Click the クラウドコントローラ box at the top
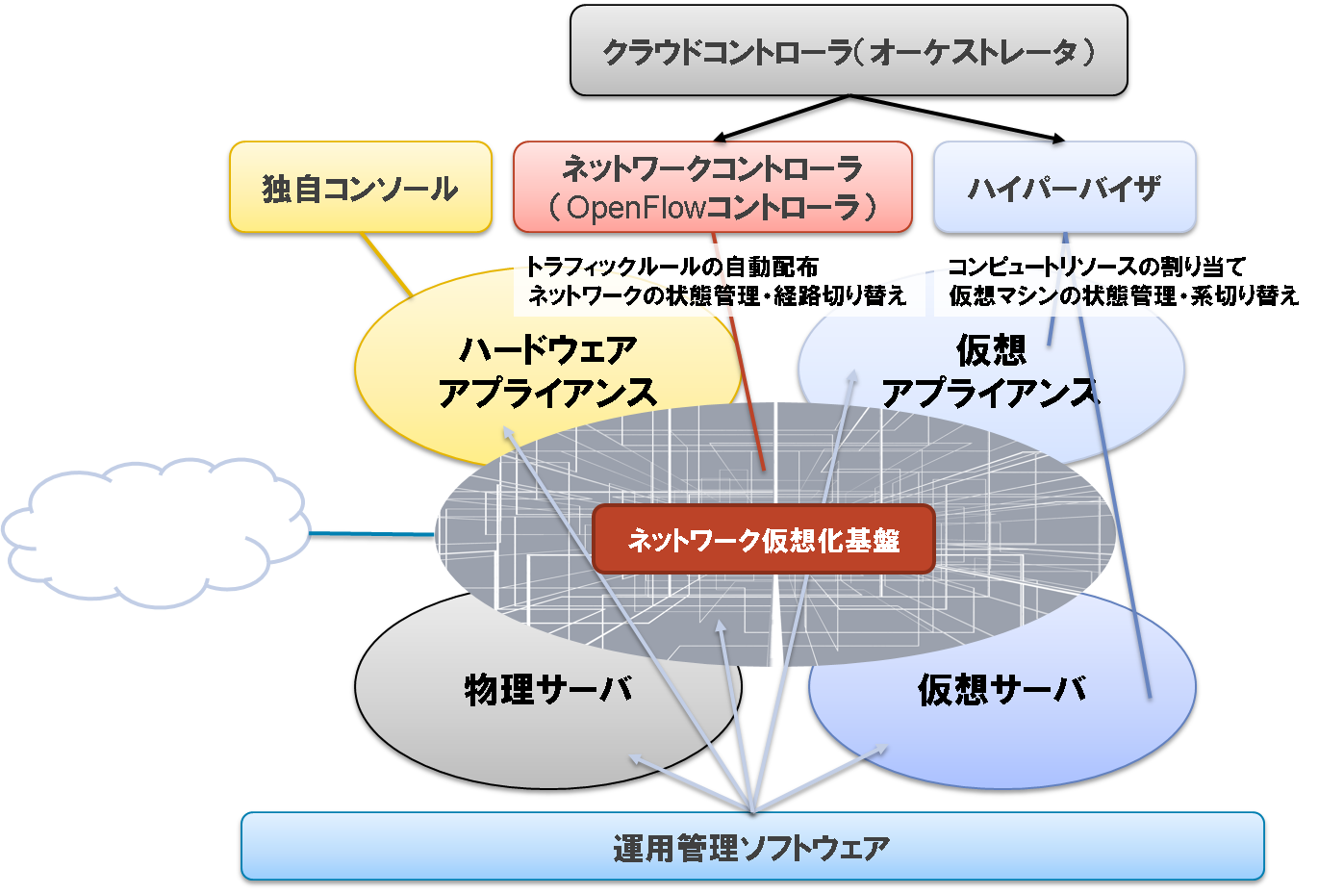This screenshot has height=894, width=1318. point(849,50)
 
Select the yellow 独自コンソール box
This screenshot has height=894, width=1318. point(360,187)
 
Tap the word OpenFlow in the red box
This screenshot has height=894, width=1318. point(636,208)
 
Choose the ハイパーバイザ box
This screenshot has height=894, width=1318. point(1064,187)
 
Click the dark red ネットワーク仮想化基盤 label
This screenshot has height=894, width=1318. point(764,539)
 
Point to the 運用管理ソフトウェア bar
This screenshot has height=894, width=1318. point(752,846)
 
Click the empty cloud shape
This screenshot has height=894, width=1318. point(156,532)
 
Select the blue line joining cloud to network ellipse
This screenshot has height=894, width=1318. point(372,534)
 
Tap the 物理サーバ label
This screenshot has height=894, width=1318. point(549,689)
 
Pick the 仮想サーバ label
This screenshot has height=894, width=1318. point(1002,689)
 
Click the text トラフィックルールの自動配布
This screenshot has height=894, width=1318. point(672,267)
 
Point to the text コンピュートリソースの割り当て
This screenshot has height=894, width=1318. point(1097,267)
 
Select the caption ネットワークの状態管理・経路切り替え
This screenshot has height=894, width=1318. point(717,295)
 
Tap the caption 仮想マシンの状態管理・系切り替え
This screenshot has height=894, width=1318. point(1124,295)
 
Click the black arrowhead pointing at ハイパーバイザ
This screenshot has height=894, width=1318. point(1058,139)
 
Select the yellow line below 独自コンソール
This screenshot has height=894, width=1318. point(387,265)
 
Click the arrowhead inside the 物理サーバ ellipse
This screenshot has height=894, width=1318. point(637,758)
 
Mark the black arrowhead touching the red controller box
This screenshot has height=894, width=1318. point(721,139)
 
